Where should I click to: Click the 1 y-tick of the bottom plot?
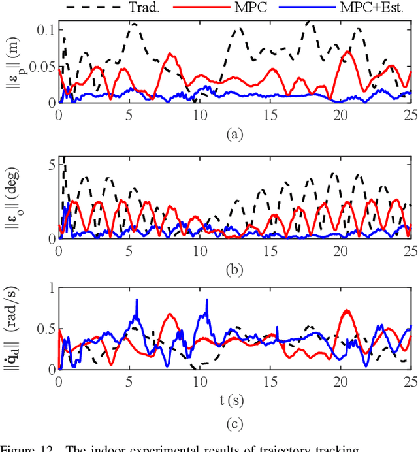click(x=51, y=289)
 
